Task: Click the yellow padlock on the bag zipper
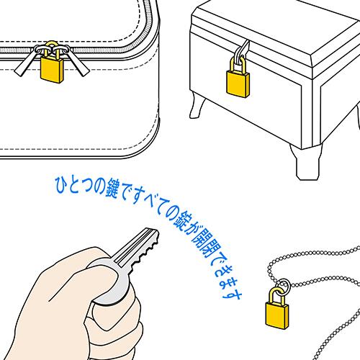tap(51, 67)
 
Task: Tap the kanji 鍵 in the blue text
tap(112, 189)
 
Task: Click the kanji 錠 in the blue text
tap(181, 220)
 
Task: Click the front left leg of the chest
tap(197, 106)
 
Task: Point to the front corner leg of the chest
tap(306, 161)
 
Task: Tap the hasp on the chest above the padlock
tap(242, 53)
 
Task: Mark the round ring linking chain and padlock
tap(284, 286)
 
